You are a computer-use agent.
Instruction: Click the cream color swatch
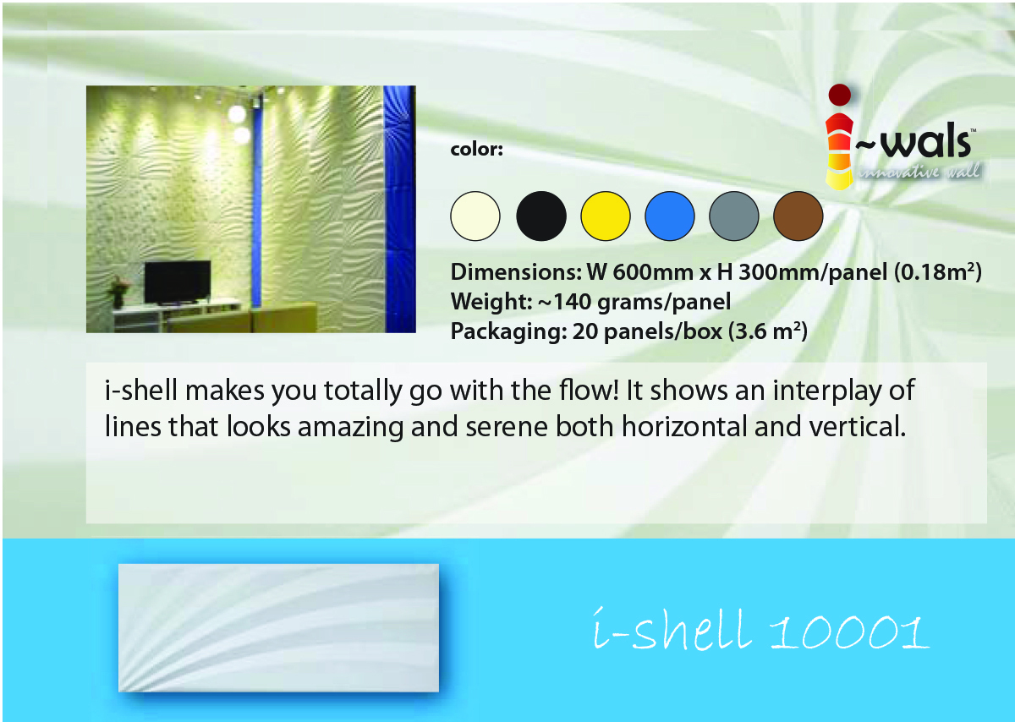[x=475, y=216]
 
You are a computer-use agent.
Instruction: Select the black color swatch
[x=541, y=216]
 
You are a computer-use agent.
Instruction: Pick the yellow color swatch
[x=606, y=216]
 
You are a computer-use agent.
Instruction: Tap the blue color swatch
[x=670, y=216]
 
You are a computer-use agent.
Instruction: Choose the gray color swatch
[x=734, y=216]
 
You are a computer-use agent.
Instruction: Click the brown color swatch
[x=798, y=216]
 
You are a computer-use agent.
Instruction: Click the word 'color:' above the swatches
[x=477, y=150]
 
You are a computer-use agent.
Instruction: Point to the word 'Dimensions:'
[x=516, y=272]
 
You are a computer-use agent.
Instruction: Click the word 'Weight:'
[x=491, y=302]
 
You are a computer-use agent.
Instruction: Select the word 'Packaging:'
[x=509, y=332]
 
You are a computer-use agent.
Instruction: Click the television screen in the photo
[x=178, y=282]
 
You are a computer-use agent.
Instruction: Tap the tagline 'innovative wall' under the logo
[x=920, y=172]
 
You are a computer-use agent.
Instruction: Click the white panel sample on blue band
[x=278, y=628]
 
